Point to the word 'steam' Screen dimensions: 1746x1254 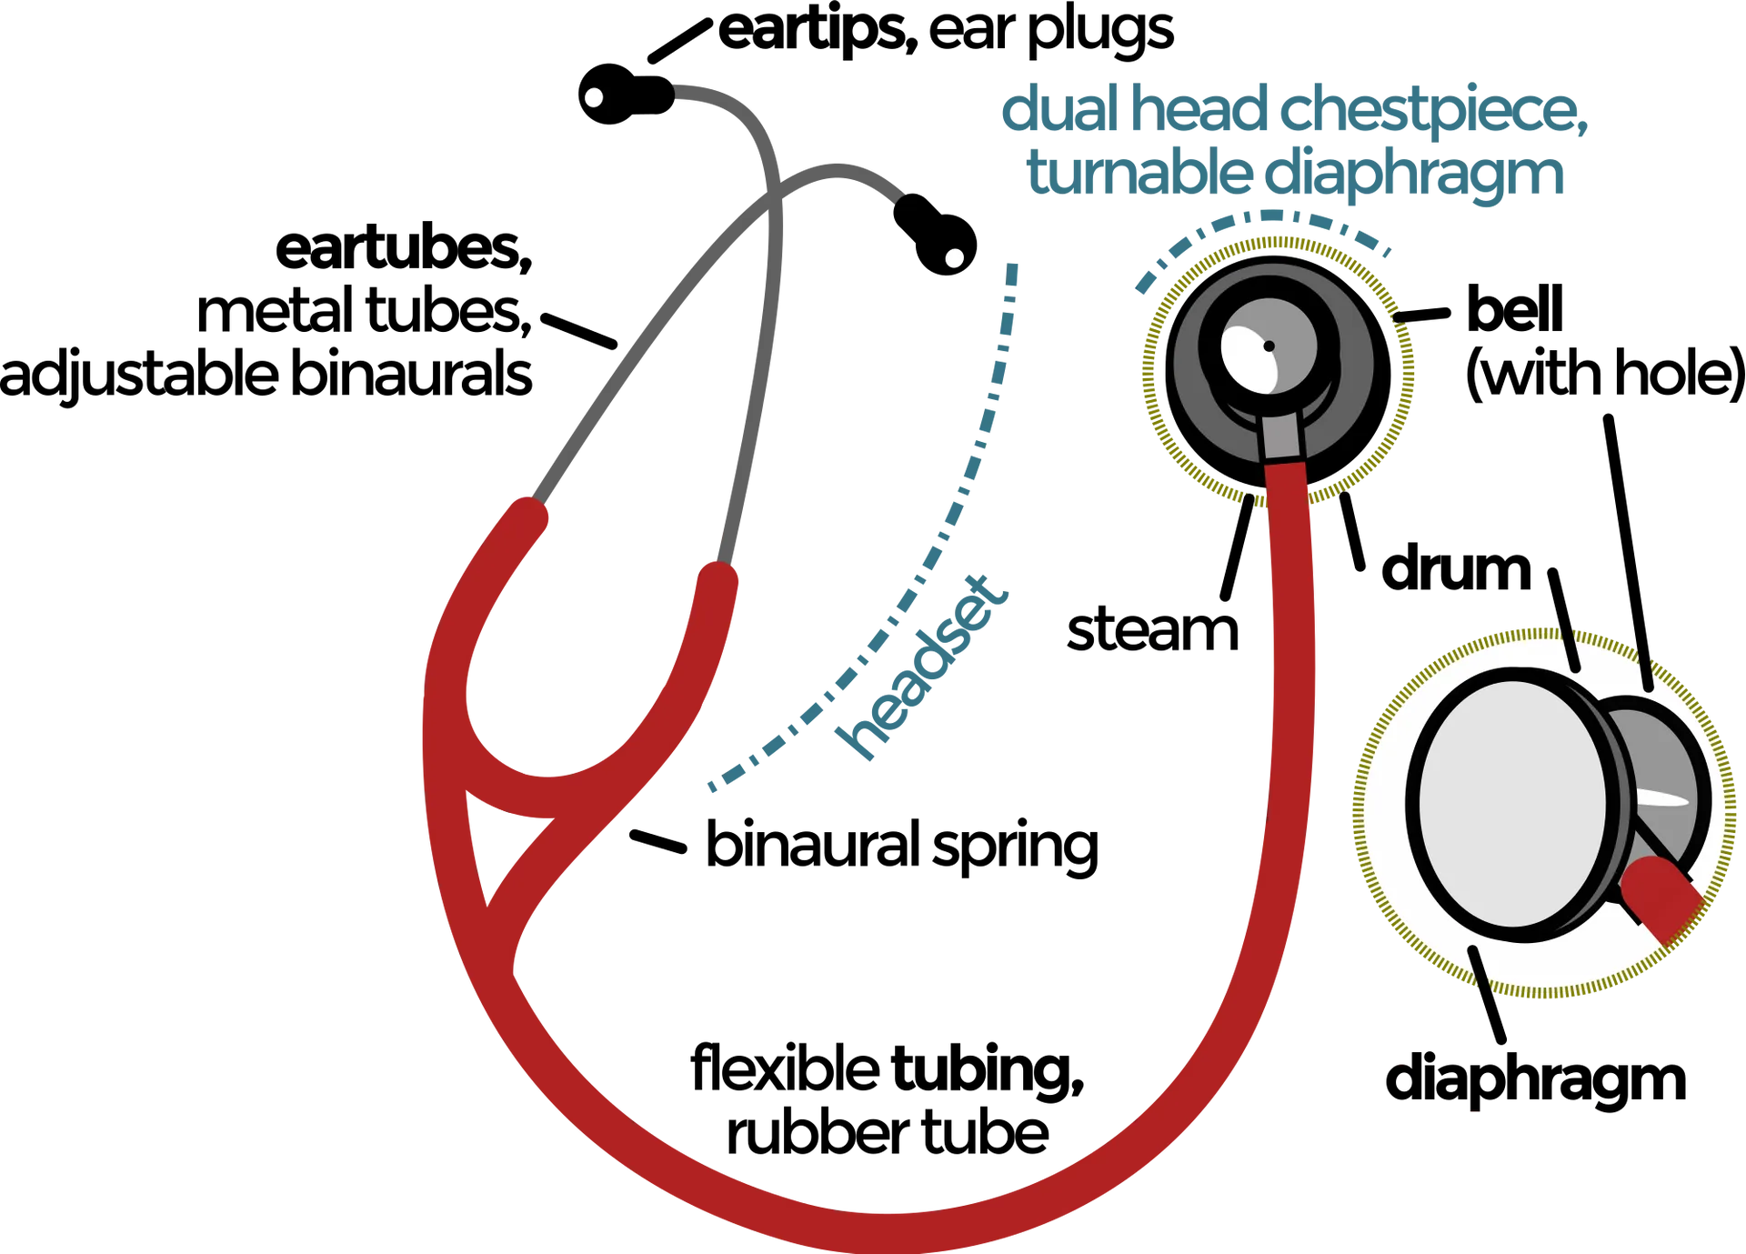pyautogui.click(x=1152, y=629)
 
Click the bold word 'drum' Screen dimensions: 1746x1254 pyautogui.click(x=1456, y=568)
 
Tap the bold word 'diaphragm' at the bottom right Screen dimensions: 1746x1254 pyautogui.click(x=1535, y=1080)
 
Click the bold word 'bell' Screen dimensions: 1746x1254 pyautogui.click(x=1514, y=309)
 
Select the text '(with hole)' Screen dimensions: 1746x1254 pyautogui.click(x=1605, y=374)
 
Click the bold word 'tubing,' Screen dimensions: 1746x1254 pyautogui.click(x=987, y=1069)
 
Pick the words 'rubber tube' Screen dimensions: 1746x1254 pyautogui.click(x=888, y=1133)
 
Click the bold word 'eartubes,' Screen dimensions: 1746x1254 pyautogui.click(x=404, y=248)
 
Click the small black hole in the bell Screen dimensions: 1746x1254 pyautogui.click(x=1269, y=346)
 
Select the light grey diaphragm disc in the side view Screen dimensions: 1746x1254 pyautogui.click(x=1510, y=805)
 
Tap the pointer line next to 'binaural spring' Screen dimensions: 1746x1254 pyautogui.click(x=658, y=842)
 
